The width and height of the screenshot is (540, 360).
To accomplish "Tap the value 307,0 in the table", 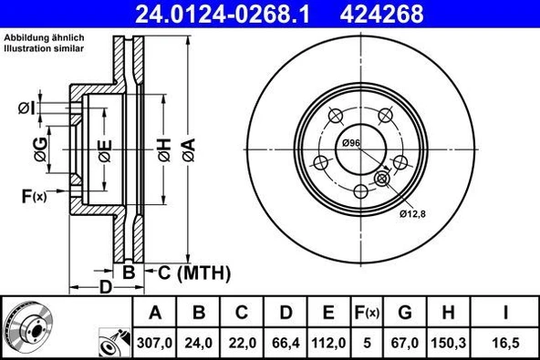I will (155, 342).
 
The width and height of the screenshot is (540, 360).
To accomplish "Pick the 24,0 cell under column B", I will (199, 342).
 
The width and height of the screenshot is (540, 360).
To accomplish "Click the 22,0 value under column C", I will (242, 342).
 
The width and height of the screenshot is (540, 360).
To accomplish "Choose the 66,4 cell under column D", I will (286, 342).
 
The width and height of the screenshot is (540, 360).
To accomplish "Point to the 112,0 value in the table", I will (329, 342).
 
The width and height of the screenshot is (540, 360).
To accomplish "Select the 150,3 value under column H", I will (448, 342).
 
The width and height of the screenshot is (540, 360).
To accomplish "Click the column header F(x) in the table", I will (367, 314).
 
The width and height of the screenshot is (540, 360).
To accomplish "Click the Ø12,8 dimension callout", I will (412, 213).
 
